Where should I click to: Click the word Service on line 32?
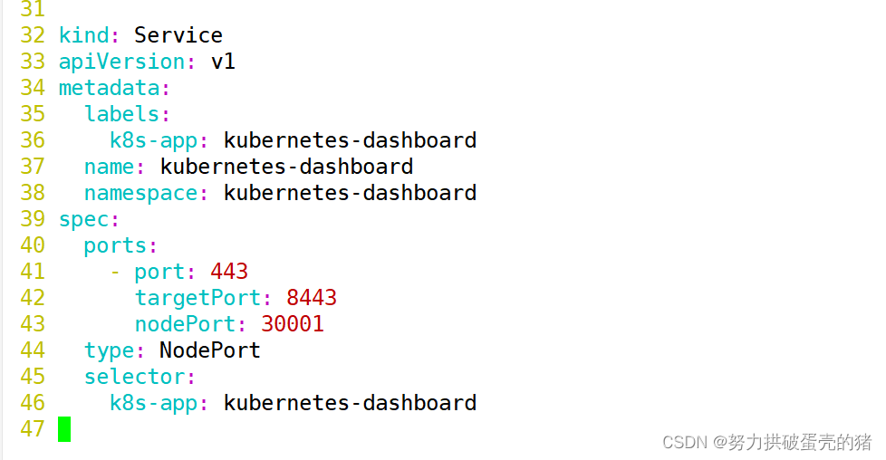pos(178,35)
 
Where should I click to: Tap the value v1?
pos(223,62)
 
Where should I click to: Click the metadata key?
pos(110,88)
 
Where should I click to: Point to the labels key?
pos(122,114)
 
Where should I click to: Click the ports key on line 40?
pos(116,245)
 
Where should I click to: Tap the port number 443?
pos(229,272)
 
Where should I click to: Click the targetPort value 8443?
pos(312,298)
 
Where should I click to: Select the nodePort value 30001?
pos(293,324)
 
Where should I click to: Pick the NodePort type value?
pos(210,350)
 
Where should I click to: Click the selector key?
pos(135,377)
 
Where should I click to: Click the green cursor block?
pos(64,429)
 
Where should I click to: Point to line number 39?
pos(33,219)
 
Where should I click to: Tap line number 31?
pos(33,10)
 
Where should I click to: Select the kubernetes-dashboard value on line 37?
pos(286,167)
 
